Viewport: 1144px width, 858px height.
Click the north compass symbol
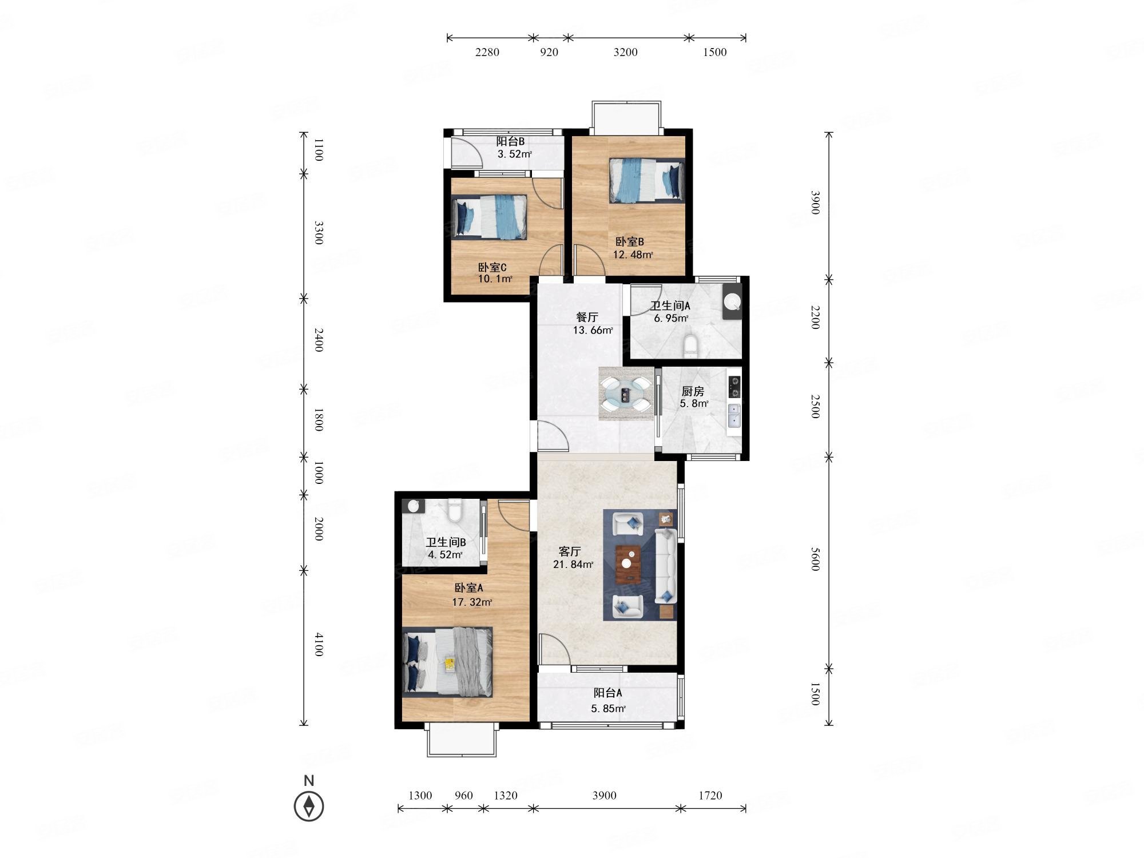tap(309, 806)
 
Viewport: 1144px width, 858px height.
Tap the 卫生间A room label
tap(670, 306)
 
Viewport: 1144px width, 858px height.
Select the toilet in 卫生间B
tap(455, 511)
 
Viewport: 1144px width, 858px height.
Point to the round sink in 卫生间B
tap(414, 506)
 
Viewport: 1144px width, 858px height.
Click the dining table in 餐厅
tap(626, 394)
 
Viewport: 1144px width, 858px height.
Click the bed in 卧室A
tap(447, 662)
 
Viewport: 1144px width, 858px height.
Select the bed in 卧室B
tap(647, 180)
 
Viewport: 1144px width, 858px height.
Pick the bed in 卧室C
tap(489, 217)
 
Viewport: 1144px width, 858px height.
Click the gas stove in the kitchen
tap(734, 386)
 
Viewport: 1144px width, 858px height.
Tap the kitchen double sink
tap(734, 416)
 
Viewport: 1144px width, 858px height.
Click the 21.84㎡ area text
tap(573, 565)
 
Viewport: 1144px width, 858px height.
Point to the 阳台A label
tap(607, 693)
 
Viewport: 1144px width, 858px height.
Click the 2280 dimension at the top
tap(487, 52)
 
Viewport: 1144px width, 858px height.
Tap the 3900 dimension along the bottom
tap(604, 795)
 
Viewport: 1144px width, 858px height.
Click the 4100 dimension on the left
tap(319, 644)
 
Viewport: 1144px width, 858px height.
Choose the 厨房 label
tap(692, 391)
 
